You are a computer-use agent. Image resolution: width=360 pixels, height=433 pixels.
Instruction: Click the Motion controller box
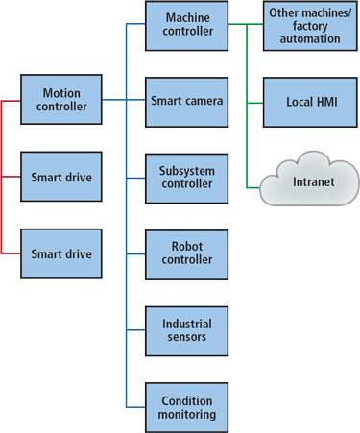(60, 100)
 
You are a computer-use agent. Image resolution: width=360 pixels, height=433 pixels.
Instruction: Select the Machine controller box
(186, 25)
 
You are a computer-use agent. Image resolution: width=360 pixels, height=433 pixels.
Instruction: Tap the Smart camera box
(186, 100)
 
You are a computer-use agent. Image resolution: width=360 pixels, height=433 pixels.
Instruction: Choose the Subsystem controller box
(186, 177)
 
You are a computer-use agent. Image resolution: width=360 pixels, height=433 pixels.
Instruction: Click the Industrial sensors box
(186, 330)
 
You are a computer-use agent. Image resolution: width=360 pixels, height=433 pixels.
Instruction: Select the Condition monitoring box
(186, 406)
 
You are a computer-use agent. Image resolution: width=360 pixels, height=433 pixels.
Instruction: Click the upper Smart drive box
(60, 177)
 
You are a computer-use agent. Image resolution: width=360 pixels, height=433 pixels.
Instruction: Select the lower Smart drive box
(60, 253)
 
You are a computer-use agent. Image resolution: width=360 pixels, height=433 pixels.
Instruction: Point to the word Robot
(186, 246)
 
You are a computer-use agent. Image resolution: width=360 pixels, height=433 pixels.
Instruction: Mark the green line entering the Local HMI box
(254, 100)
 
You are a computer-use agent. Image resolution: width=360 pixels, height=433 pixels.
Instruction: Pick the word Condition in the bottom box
(186, 399)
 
